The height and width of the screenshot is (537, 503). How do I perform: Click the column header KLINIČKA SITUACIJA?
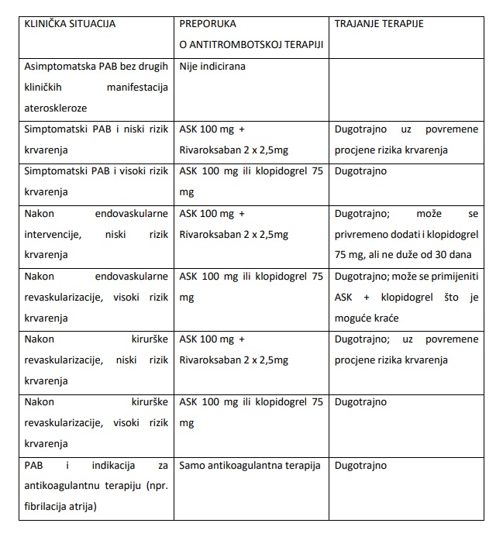coord(70,23)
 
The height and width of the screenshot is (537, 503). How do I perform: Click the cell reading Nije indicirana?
coord(212,67)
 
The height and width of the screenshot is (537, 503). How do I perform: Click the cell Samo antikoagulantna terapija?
coord(249,466)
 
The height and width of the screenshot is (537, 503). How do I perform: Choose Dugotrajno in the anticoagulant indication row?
coord(360,466)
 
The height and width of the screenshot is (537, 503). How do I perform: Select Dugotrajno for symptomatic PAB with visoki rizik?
coord(360,171)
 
